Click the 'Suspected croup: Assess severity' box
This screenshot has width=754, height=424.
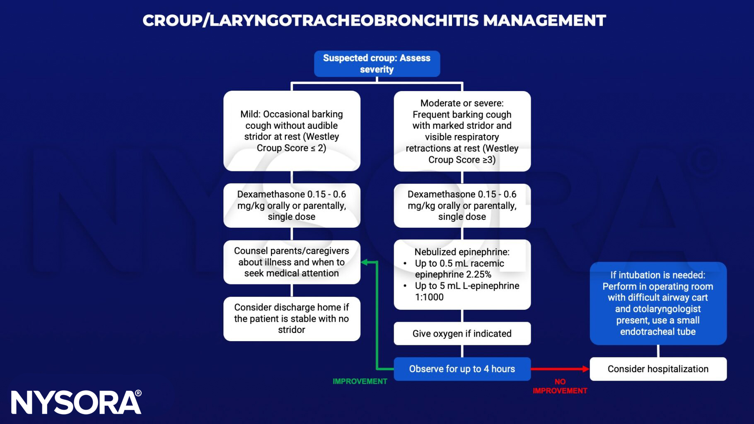coord(377,64)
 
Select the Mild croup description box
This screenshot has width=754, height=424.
coord(292,131)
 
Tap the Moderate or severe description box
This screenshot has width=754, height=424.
coord(462,131)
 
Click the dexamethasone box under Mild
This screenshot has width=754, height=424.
coord(292,205)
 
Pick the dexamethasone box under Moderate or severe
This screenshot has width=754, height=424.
coord(462,205)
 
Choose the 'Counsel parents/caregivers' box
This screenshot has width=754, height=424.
coord(292,262)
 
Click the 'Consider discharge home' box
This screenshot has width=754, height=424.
coord(292,318)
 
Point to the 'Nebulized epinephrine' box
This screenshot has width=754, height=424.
coord(462,274)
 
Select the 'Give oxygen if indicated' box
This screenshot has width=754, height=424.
coord(462,334)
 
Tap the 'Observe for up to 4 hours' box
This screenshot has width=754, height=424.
coord(462,369)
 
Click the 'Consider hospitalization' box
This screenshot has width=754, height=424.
coord(658,369)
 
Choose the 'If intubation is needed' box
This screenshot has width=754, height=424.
coord(658,303)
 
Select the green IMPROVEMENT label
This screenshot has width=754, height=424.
coord(360,381)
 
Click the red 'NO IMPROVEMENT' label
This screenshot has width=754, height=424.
coord(560,386)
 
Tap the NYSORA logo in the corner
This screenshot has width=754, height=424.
coord(76,402)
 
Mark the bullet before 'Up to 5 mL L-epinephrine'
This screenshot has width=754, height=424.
coord(405,286)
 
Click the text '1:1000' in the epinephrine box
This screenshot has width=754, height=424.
coord(429,297)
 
